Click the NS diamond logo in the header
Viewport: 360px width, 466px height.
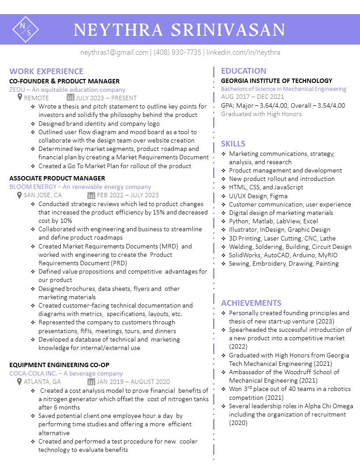pos(25,29)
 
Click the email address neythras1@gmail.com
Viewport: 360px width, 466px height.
pos(114,53)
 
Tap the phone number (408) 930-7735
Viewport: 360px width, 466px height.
pos(177,53)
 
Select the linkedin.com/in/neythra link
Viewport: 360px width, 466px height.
pos(243,53)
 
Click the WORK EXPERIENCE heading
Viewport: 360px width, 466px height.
pos(46,71)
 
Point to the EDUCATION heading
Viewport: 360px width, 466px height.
pos(244,71)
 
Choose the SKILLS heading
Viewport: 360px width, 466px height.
pos(233,144)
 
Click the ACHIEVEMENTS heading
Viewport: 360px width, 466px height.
pos(251,303)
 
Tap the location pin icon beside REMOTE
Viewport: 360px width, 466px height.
pos(20,98)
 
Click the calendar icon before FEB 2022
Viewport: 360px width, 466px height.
pos(91,195)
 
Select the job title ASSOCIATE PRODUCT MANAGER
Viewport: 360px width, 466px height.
pos(57,178)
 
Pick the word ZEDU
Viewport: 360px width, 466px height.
pos(17,90)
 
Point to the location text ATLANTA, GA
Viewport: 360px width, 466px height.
pos(42,382)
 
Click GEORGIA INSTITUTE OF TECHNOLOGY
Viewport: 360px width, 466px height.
pos(277,81)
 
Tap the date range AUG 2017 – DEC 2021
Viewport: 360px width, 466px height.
pos(252,97)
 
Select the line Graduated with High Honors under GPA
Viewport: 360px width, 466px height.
pos(261,114)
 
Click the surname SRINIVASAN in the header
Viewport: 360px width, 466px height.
pos(228,30)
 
